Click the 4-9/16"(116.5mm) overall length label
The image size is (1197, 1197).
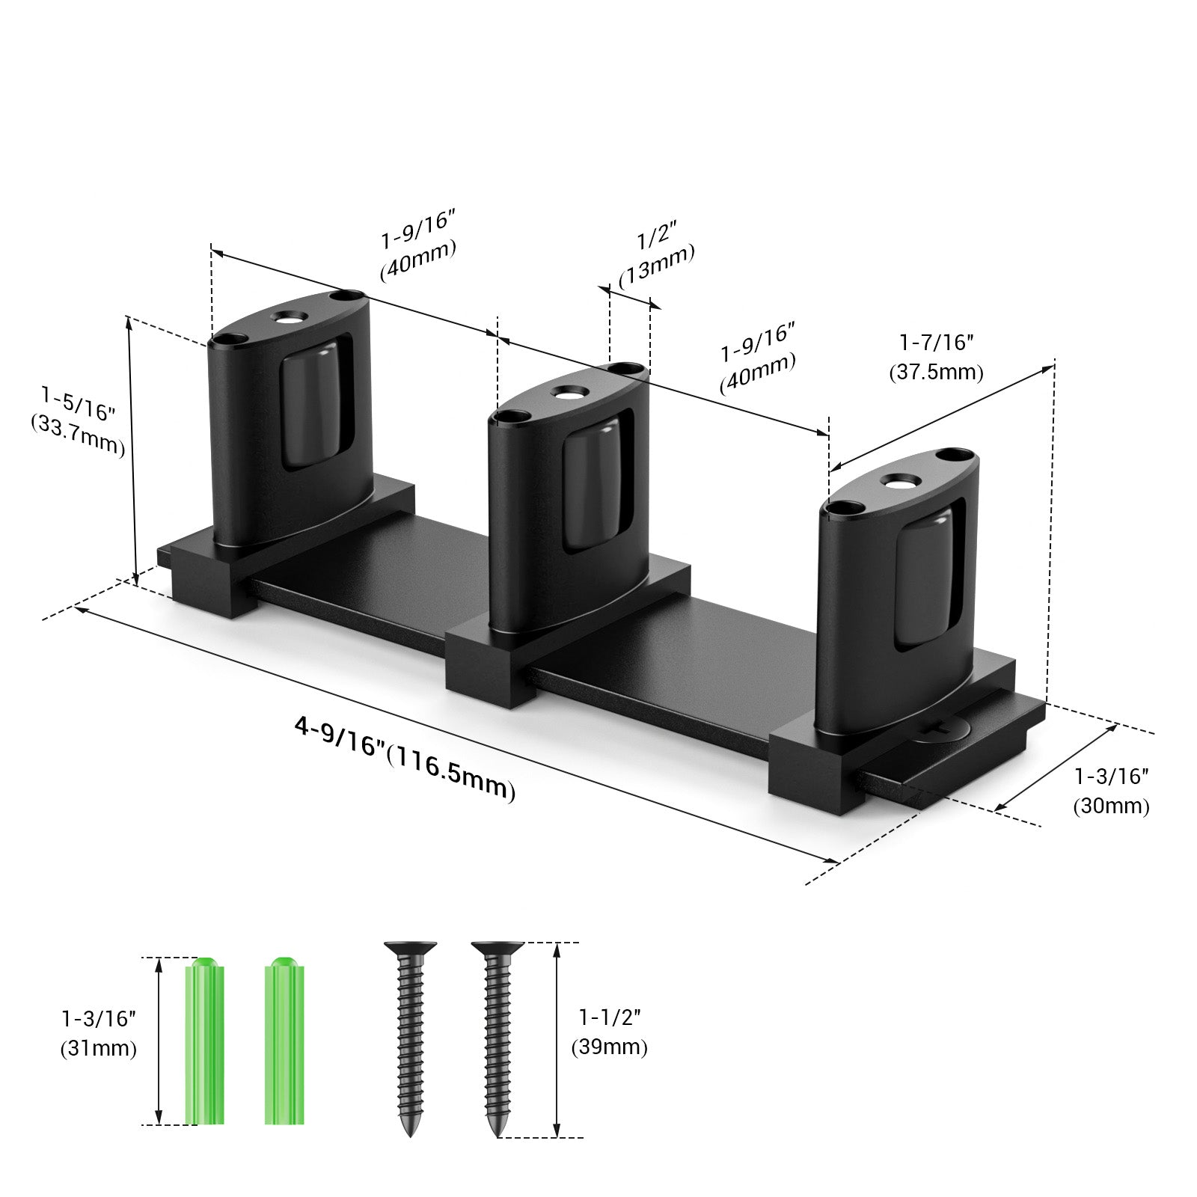point(404,757)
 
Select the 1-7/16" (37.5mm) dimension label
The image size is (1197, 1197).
point(936,358)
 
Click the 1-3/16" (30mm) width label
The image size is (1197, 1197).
point(1111,791)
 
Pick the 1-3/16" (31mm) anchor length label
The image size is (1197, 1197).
point(99,1033)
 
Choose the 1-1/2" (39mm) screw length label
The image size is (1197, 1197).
point(609,1032)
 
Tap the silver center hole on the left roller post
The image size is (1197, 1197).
point(288,318)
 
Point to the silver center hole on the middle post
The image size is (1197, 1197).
point(566,392)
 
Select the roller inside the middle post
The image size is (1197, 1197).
point(591,486)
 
